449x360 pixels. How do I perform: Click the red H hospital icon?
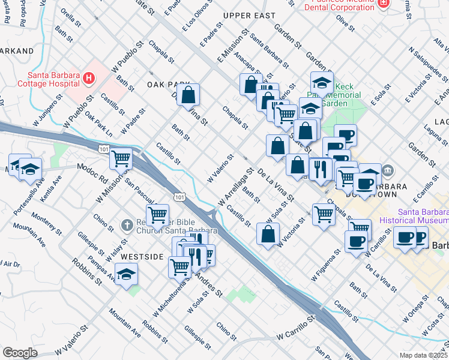[x=89, y=77]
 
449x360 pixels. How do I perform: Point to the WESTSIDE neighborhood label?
[x=142, y=256]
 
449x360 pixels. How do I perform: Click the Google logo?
[x=20, y=352]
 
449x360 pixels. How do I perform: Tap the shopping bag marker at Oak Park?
[x=188, y=95]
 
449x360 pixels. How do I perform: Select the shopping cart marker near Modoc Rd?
[x=121, y=159]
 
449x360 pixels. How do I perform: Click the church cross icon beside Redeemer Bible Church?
[x=127, y=225]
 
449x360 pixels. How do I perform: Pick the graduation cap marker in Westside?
[x=126, y=275]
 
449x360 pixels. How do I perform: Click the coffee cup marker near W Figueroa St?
[x=357, y=241]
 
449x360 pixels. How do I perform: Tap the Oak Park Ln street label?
[x=98, y=122]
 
